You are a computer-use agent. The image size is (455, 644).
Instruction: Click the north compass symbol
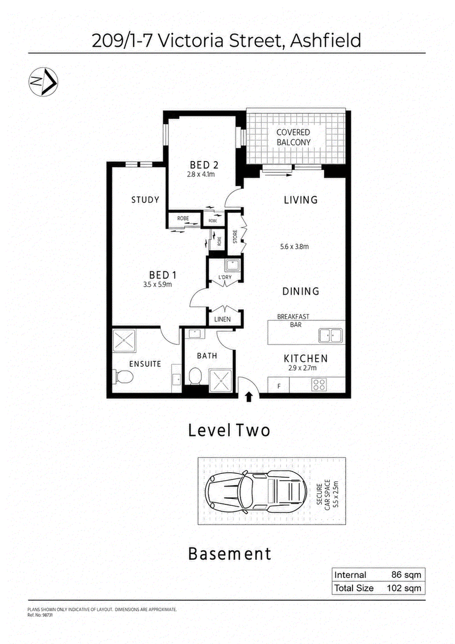click(x=43, y=82)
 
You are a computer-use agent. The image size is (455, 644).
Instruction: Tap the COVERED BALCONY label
click(x=293, y=137)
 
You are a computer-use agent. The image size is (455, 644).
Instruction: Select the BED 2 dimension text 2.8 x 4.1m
click(x=201, y=174)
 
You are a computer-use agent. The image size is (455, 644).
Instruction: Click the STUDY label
click(x=145, y=200)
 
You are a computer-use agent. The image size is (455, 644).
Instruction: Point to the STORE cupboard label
click(x=235, y=237)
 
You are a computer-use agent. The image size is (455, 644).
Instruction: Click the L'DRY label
click(x=225, y=277)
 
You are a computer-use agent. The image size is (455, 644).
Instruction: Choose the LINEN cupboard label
click(x=222, y=319)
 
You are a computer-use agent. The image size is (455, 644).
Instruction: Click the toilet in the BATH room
click(x=195, y=376)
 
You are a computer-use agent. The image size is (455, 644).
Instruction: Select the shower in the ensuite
click(x=125, y=341)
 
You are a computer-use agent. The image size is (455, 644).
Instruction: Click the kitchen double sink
click(x=330, y=336)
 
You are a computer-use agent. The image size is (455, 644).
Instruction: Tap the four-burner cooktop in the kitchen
click(x=319, y=385)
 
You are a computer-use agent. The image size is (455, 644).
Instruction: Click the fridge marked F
click(x=279, y=386)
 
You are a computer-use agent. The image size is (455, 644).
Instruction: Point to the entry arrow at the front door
click(x=249, y=397)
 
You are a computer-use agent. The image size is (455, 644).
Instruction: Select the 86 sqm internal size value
click(x=406, y=575)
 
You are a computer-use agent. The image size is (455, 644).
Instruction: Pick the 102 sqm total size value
click(x=404, y=588)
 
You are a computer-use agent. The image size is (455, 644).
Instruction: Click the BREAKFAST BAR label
click(x=293, y=320)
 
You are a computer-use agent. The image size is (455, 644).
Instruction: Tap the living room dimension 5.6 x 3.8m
click(x=295, y=247)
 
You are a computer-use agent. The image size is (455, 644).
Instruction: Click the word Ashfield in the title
click(x=326, y=40)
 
